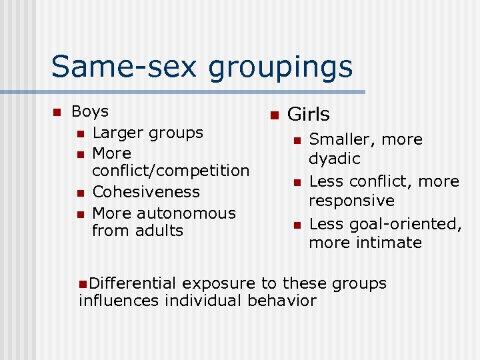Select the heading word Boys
[x=89, y=111]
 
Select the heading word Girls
[x=308, y=115]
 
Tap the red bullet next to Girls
[x=273, y=115]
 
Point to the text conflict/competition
[x=171, y=171]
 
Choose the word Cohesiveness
[x=146, y=192]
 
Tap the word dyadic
[x=334, y=159]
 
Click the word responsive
[x=351, y=201]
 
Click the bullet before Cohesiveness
[x=80, y=193]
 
